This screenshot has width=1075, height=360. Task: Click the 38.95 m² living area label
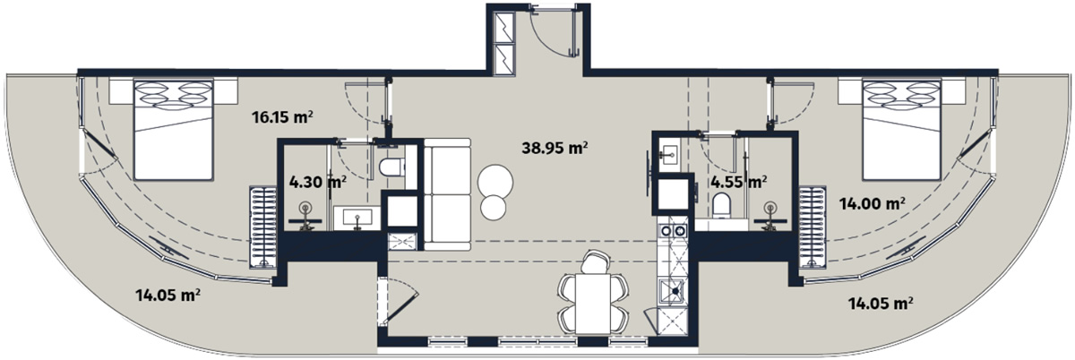point(555,148)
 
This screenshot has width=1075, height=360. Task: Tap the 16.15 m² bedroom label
point(283,116)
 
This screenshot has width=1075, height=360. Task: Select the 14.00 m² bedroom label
point(872,204)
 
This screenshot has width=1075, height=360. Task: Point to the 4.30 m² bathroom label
point(318,182)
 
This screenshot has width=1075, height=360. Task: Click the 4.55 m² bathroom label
point(738,182)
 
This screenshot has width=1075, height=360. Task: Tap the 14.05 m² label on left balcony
point(168,295)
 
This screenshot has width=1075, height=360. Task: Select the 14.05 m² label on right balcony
point(880,304)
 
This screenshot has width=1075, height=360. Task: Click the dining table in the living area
point(593,304)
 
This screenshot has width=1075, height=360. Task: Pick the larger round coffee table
point(495,183)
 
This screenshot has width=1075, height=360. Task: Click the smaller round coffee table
point(493,208)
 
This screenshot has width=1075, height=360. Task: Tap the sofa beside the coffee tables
point(447,194)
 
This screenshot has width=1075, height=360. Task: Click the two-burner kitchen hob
point(673,231)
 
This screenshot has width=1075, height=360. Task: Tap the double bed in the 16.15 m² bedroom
point(173,130)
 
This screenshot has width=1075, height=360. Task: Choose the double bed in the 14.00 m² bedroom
point(902,130)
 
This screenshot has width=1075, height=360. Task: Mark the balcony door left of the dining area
point(400,305)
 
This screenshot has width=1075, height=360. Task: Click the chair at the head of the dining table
point(595,262)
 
